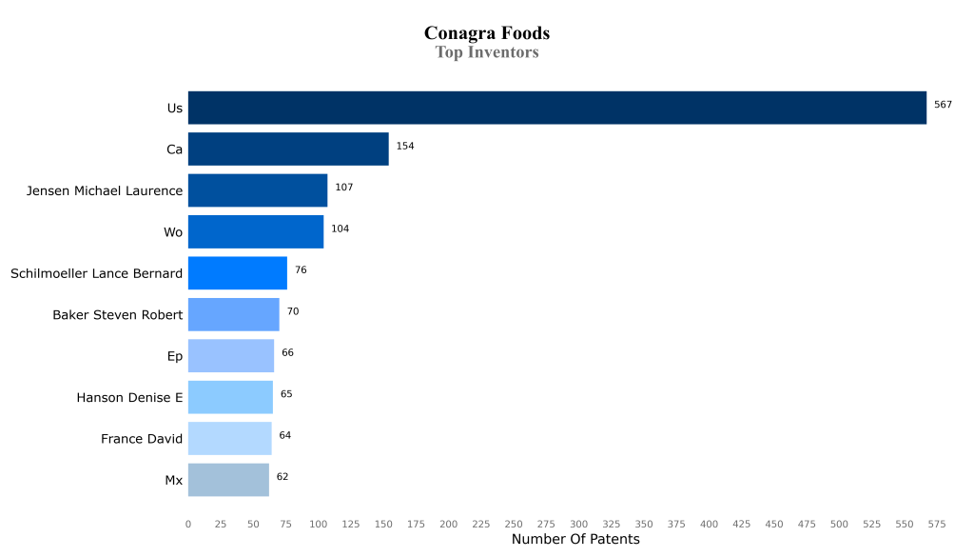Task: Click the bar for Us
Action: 556,108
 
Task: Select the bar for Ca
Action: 288,149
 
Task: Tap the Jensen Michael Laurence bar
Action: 258,190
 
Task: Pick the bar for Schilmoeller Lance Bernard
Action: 238,273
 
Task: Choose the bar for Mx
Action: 228,480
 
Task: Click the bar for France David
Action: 229,439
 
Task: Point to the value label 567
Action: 943,105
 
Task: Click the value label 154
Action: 405,147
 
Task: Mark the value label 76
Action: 301,270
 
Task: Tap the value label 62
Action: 282,476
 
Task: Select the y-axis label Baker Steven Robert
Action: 117,315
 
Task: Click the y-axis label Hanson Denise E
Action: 129,398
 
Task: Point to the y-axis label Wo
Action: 173,232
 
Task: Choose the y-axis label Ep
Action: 174,356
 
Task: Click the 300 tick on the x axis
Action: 578,524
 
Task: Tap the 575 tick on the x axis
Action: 937,524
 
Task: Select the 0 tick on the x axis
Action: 188,524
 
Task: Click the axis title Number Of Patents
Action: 575,540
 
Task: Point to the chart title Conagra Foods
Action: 487,33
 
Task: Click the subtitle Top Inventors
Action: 487,52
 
